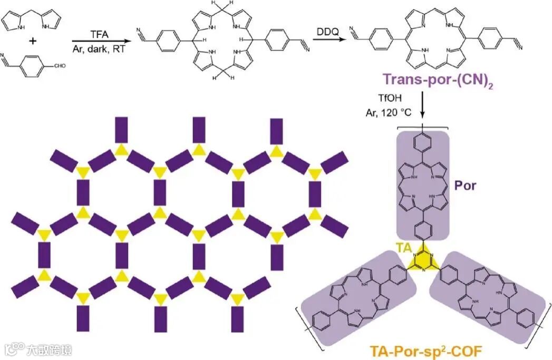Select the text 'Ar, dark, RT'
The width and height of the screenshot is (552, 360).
coord(99,48)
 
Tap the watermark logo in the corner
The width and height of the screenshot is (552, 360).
coord(16,348)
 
